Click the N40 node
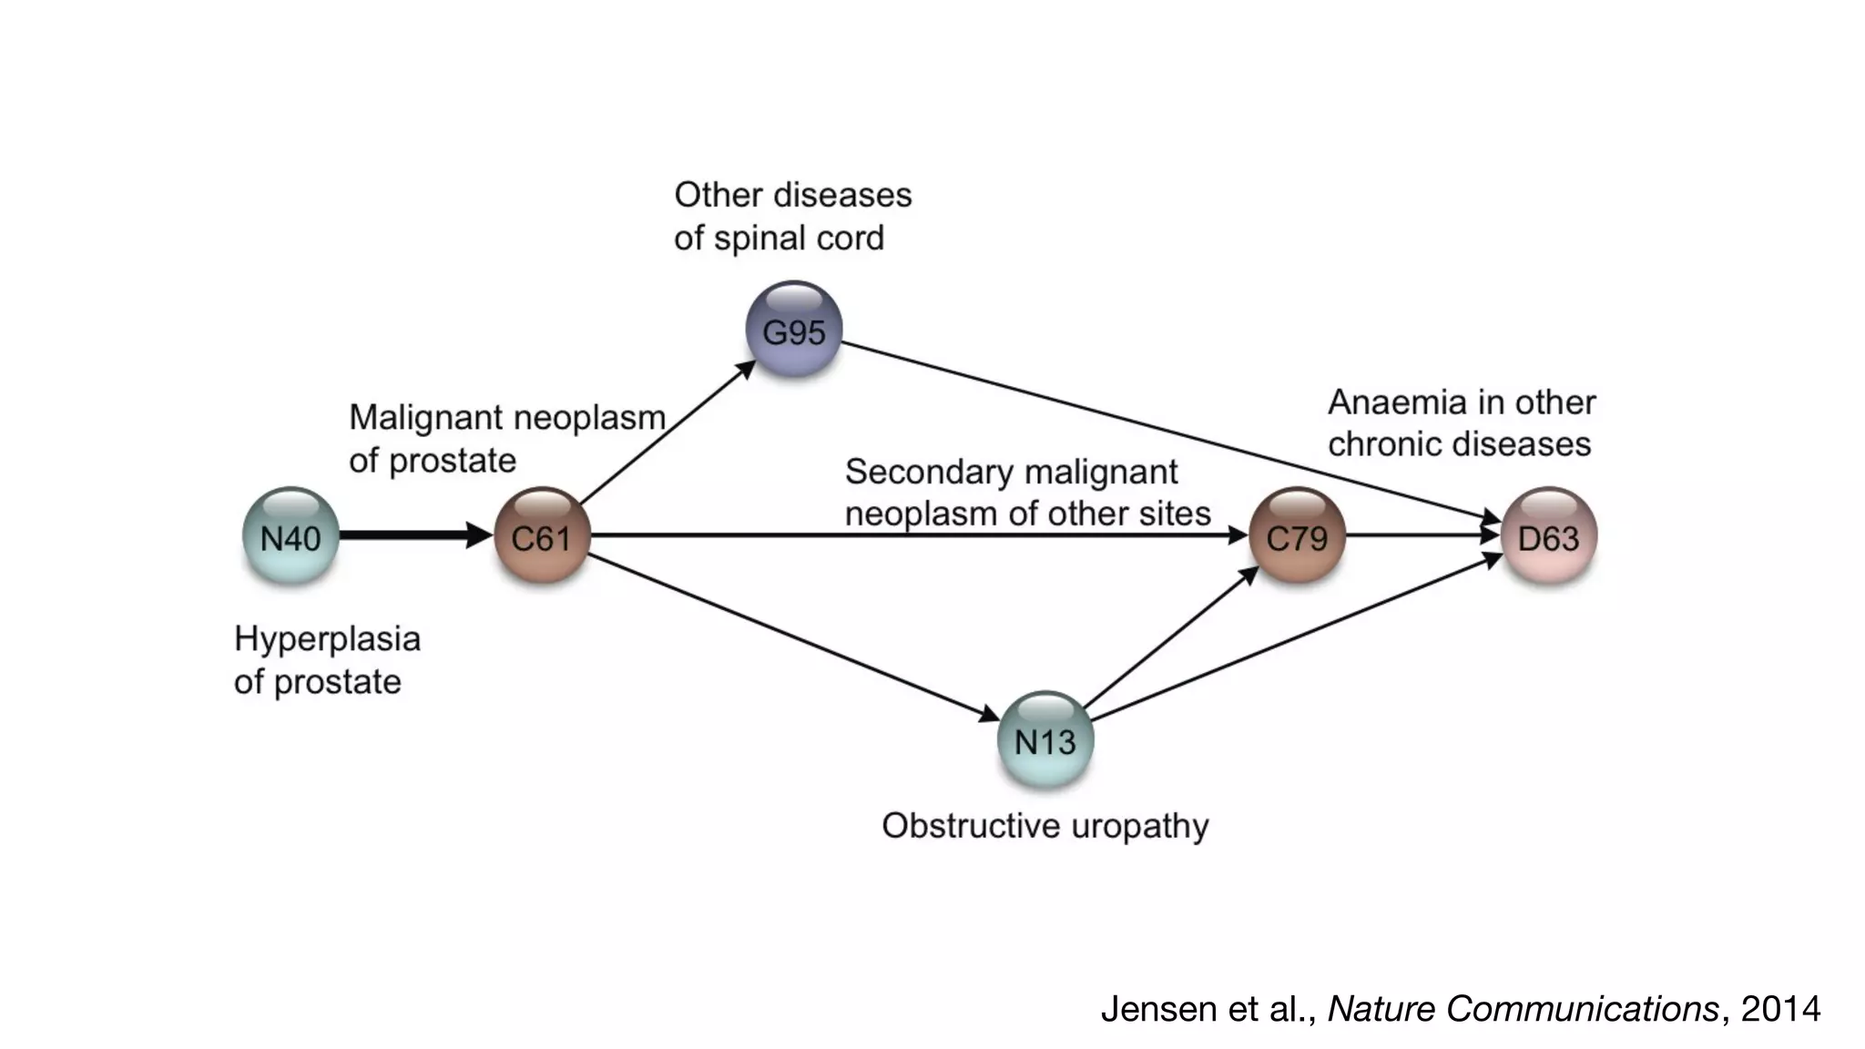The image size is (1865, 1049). click(x=290, y=536)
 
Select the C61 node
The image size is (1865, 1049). click(x=542, y=536)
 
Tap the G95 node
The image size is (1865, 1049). click(x=793, y=330)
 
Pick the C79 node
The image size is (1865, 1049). click(x=1297, y=536)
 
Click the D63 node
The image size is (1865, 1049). click(x=1548, y=536)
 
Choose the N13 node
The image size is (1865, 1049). click(x=1045, y=740)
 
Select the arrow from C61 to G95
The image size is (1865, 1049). click(x=668, y=433)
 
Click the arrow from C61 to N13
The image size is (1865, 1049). click(x=792, y=637)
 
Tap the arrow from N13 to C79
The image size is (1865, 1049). click(x=1171, y=637)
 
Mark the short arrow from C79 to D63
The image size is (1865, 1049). click(x=1421, y=535)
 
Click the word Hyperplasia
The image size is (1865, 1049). click(x=327, y=639)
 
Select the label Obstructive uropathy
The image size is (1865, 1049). click(x=1045, y=826)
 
